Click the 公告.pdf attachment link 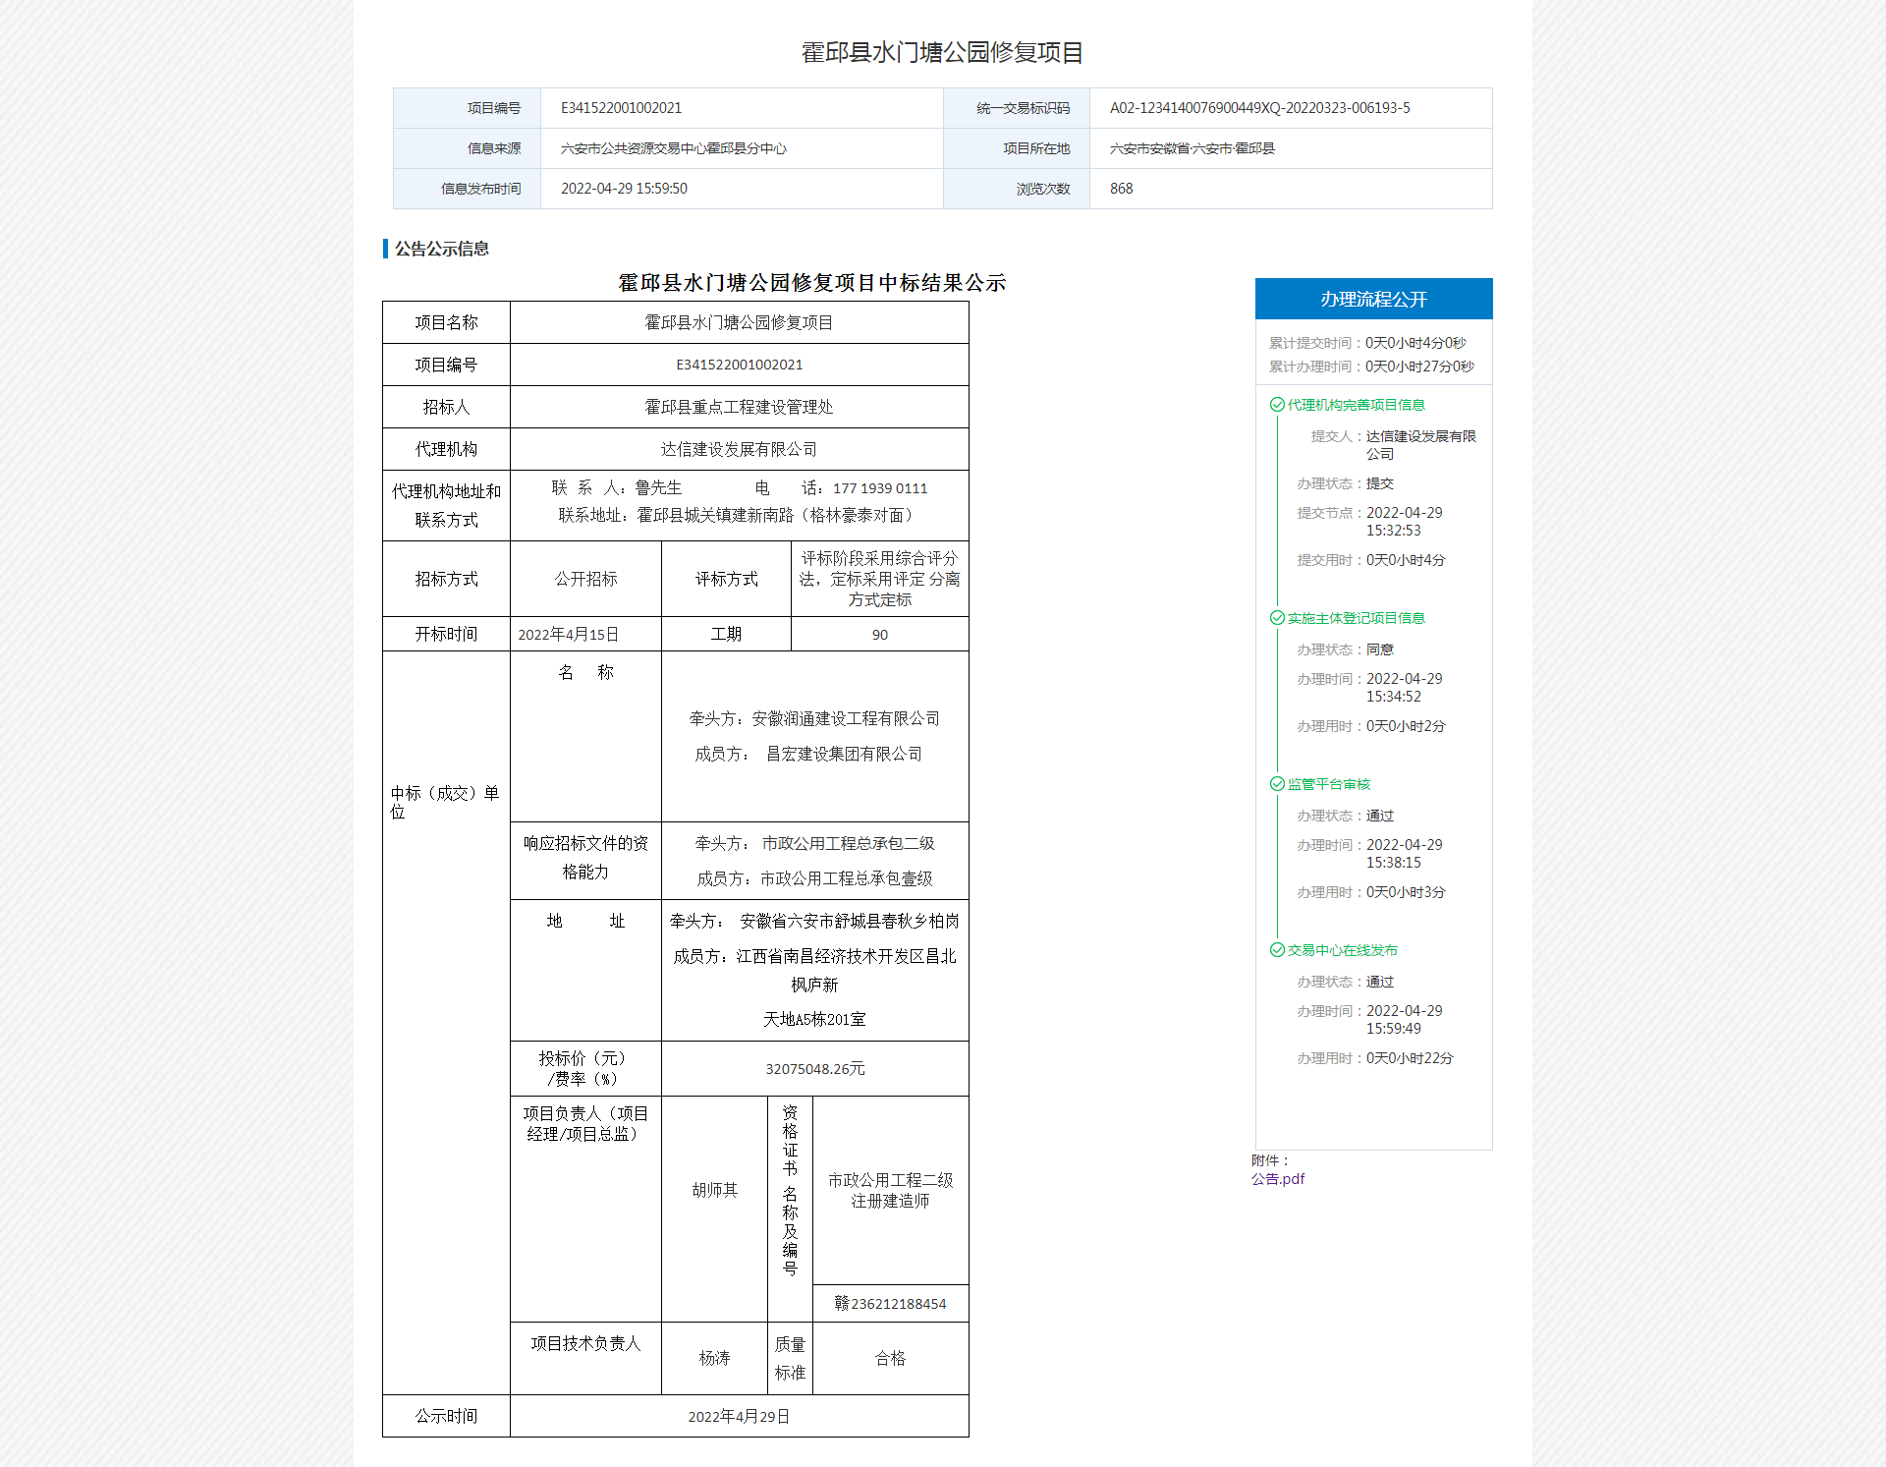(1278, 1179)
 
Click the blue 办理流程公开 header (1373, 299)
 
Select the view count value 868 (1121, 189)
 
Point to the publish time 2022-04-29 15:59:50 (624, 189)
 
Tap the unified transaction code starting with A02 (1259, 108)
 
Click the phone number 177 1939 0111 (879, 488)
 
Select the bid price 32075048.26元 (814, 1069)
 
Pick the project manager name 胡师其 (714, 1190)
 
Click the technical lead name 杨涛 (714, 1358)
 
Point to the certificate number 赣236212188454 (890, 1304)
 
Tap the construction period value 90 (879, 635)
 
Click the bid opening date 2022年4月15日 (568, 635)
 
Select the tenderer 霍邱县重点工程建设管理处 (739, 407)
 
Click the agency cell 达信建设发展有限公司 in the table (739, 449)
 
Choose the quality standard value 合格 (890, 1358)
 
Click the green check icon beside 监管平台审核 (1277, 784)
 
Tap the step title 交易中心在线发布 (1342, 950)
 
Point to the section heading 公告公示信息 (442, 249)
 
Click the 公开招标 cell (585, 579)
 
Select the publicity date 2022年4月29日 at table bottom (739, 1416)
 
